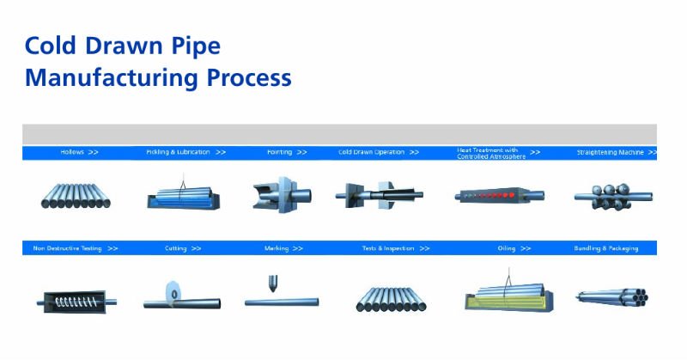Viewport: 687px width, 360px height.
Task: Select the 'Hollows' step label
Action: tap(72, 152)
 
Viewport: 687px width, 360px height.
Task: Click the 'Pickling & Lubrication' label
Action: tap(178, 152)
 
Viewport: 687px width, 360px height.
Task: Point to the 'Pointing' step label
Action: tap(279, 152)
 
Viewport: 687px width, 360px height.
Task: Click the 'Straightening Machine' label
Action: tap(611, 152)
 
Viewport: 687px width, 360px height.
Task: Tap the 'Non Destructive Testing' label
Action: tap(68, 248)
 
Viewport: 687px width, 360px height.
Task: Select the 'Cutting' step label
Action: tap(176, 248)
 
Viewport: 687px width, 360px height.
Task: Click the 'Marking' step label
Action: tap(277, 248)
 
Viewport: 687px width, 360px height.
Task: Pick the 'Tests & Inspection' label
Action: tap(388, 248)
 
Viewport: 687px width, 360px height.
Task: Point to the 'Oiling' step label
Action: tap(507, 248)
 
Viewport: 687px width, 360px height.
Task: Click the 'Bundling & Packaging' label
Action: tap(606, 248)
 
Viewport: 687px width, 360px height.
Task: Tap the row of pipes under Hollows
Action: tap(76, 195)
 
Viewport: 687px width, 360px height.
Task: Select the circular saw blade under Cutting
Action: tap(175, 293)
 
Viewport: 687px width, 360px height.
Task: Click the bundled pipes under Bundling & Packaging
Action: tap(611, 297)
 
